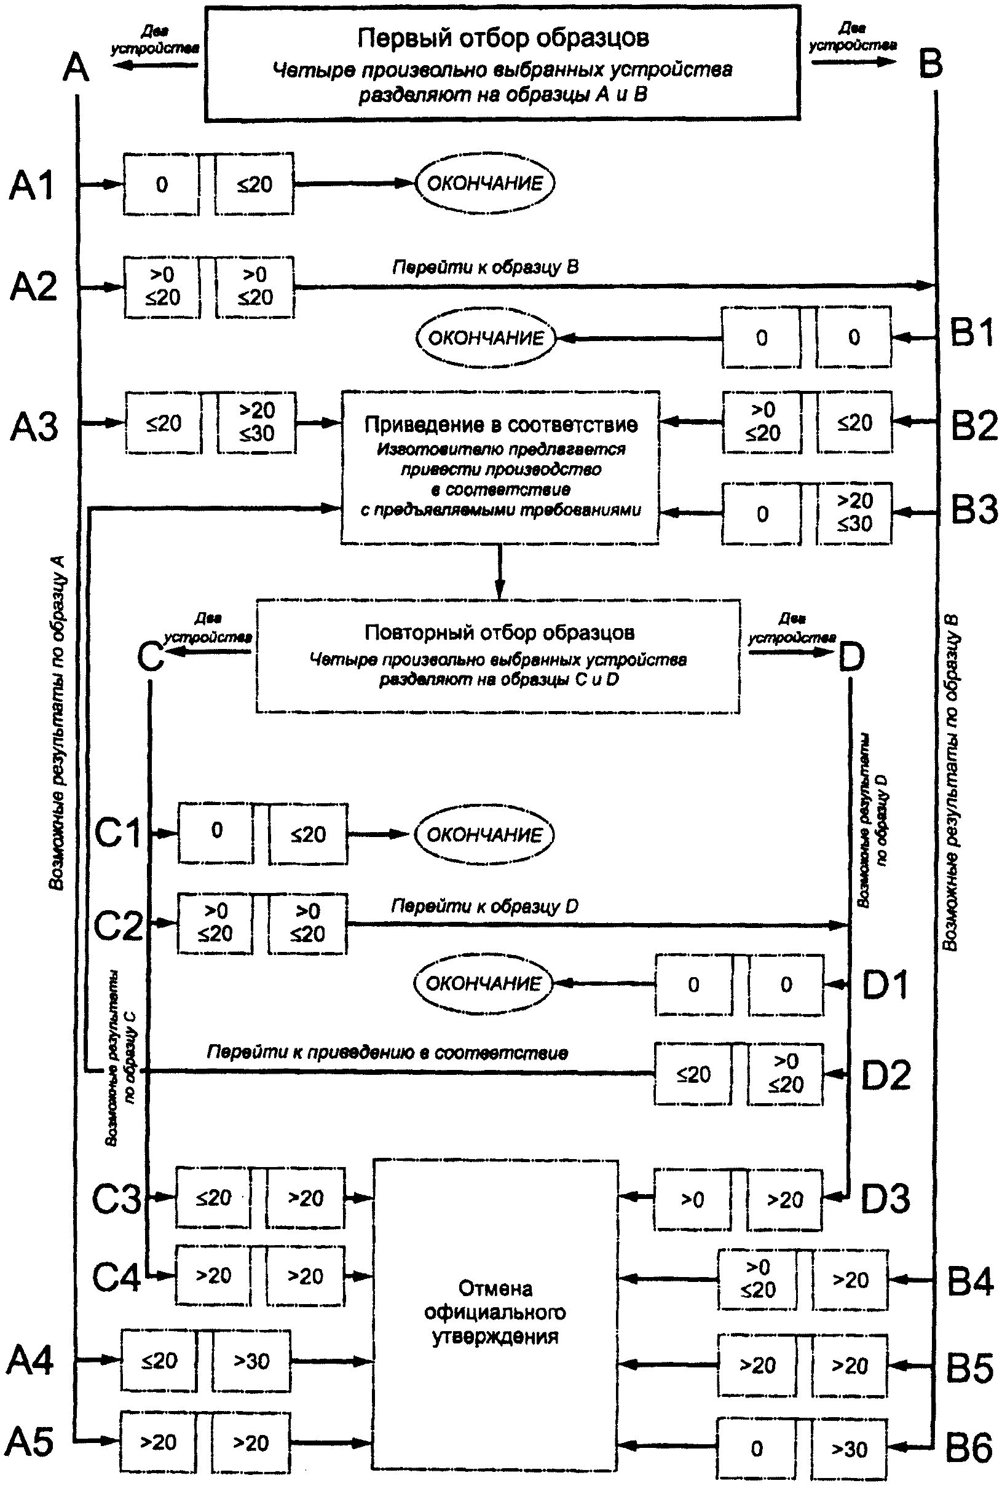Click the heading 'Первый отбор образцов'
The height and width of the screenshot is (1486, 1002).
point(503,37)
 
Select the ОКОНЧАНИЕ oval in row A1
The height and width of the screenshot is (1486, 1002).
point(485,183)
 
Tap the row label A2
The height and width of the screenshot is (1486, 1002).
point(33,286)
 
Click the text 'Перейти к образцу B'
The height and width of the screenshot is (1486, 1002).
point(486,267)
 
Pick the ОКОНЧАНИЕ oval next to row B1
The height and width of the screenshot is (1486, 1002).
point(486,338)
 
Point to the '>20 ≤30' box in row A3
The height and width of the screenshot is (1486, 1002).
point(256,422)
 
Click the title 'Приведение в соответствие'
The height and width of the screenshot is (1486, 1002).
point(501,424)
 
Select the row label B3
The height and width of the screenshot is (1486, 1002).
point(974,510)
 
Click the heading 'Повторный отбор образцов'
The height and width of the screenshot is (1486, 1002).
point(500,632)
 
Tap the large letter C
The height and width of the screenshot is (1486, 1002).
point(151,656)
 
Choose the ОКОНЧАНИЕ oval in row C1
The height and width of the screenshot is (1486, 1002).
point(484,835)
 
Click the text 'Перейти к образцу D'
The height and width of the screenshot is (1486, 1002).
point(485,906)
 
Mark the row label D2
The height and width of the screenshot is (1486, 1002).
point(886,1075)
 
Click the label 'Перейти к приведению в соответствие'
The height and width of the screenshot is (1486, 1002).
point(387,1052)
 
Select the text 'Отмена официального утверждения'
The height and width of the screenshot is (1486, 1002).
point(495,1312)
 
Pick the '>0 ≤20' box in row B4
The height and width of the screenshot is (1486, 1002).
point(757,1280)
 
